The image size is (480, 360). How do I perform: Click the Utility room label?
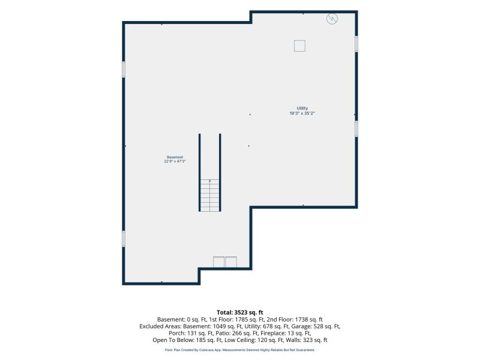click(x=302, y=108)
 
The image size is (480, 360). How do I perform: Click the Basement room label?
click(x=175, y=157)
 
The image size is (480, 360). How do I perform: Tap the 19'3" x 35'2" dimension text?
click(x=302, y=113)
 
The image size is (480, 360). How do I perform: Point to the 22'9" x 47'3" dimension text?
click(x=175, y=161)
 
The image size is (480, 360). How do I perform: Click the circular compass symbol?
click(x=332, y=19)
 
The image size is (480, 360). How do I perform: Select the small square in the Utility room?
click(x=299, y=46)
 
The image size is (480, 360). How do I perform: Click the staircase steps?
click(x=209, y=196)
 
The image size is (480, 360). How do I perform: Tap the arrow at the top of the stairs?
click(x=209, y=181)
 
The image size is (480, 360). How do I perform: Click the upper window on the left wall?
click(x=124, y=69)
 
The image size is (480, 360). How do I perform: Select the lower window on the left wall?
click(x=124, y=239)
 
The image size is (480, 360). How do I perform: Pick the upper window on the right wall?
click(x=356, y=44)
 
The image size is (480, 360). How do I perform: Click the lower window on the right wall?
click(x=356, y=128)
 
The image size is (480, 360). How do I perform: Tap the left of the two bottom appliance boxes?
click(x=218, y=262)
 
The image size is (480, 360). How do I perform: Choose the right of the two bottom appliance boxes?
click(x=231, y=262)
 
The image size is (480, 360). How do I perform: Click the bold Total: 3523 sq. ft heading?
click(x=240, y=313)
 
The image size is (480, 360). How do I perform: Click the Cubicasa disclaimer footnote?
click(x=240, y=350)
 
